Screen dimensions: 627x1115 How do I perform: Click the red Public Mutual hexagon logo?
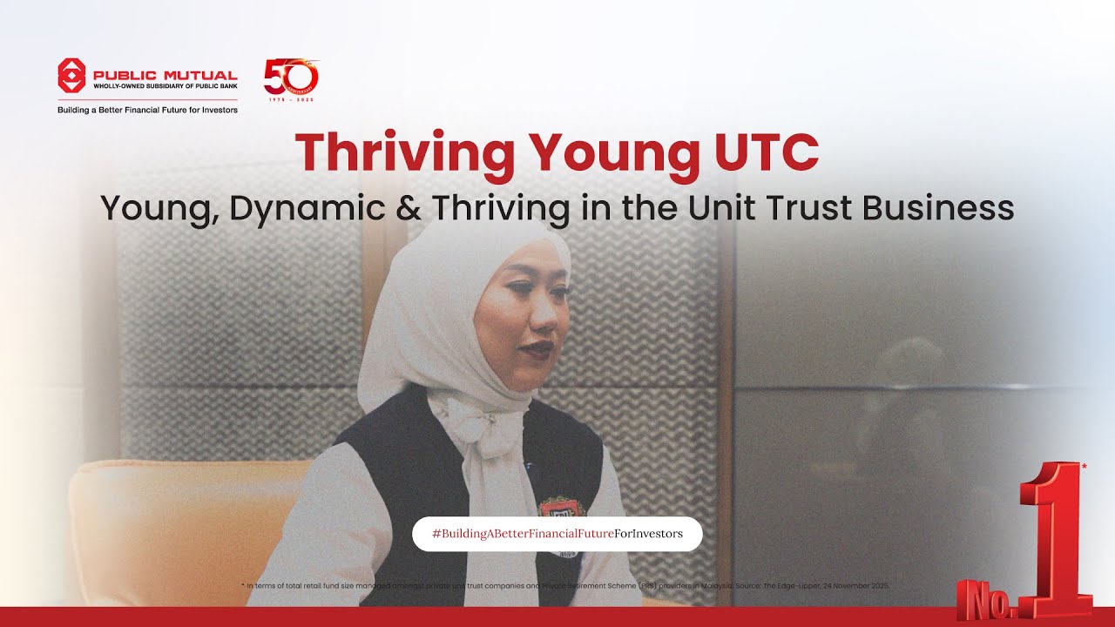[x=71, y=76]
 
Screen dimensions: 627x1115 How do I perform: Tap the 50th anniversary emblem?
[x=291, y=78]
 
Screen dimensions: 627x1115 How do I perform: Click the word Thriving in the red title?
[x=405, y=152]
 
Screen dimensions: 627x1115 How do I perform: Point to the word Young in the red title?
[x=609, y=153]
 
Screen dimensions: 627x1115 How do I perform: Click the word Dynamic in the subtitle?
[x=321, y=209]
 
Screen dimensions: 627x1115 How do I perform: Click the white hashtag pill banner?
[x=557, y=533]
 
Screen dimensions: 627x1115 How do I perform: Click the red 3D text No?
[x=987, y=599]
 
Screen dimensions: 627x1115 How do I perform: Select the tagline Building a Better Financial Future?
[x=147, y=110]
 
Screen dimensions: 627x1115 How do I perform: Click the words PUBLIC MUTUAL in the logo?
[x=165, y=76]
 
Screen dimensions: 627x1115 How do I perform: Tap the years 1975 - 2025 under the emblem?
[x=291, y=99]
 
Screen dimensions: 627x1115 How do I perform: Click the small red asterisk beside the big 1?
[x=1084, y=467]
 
